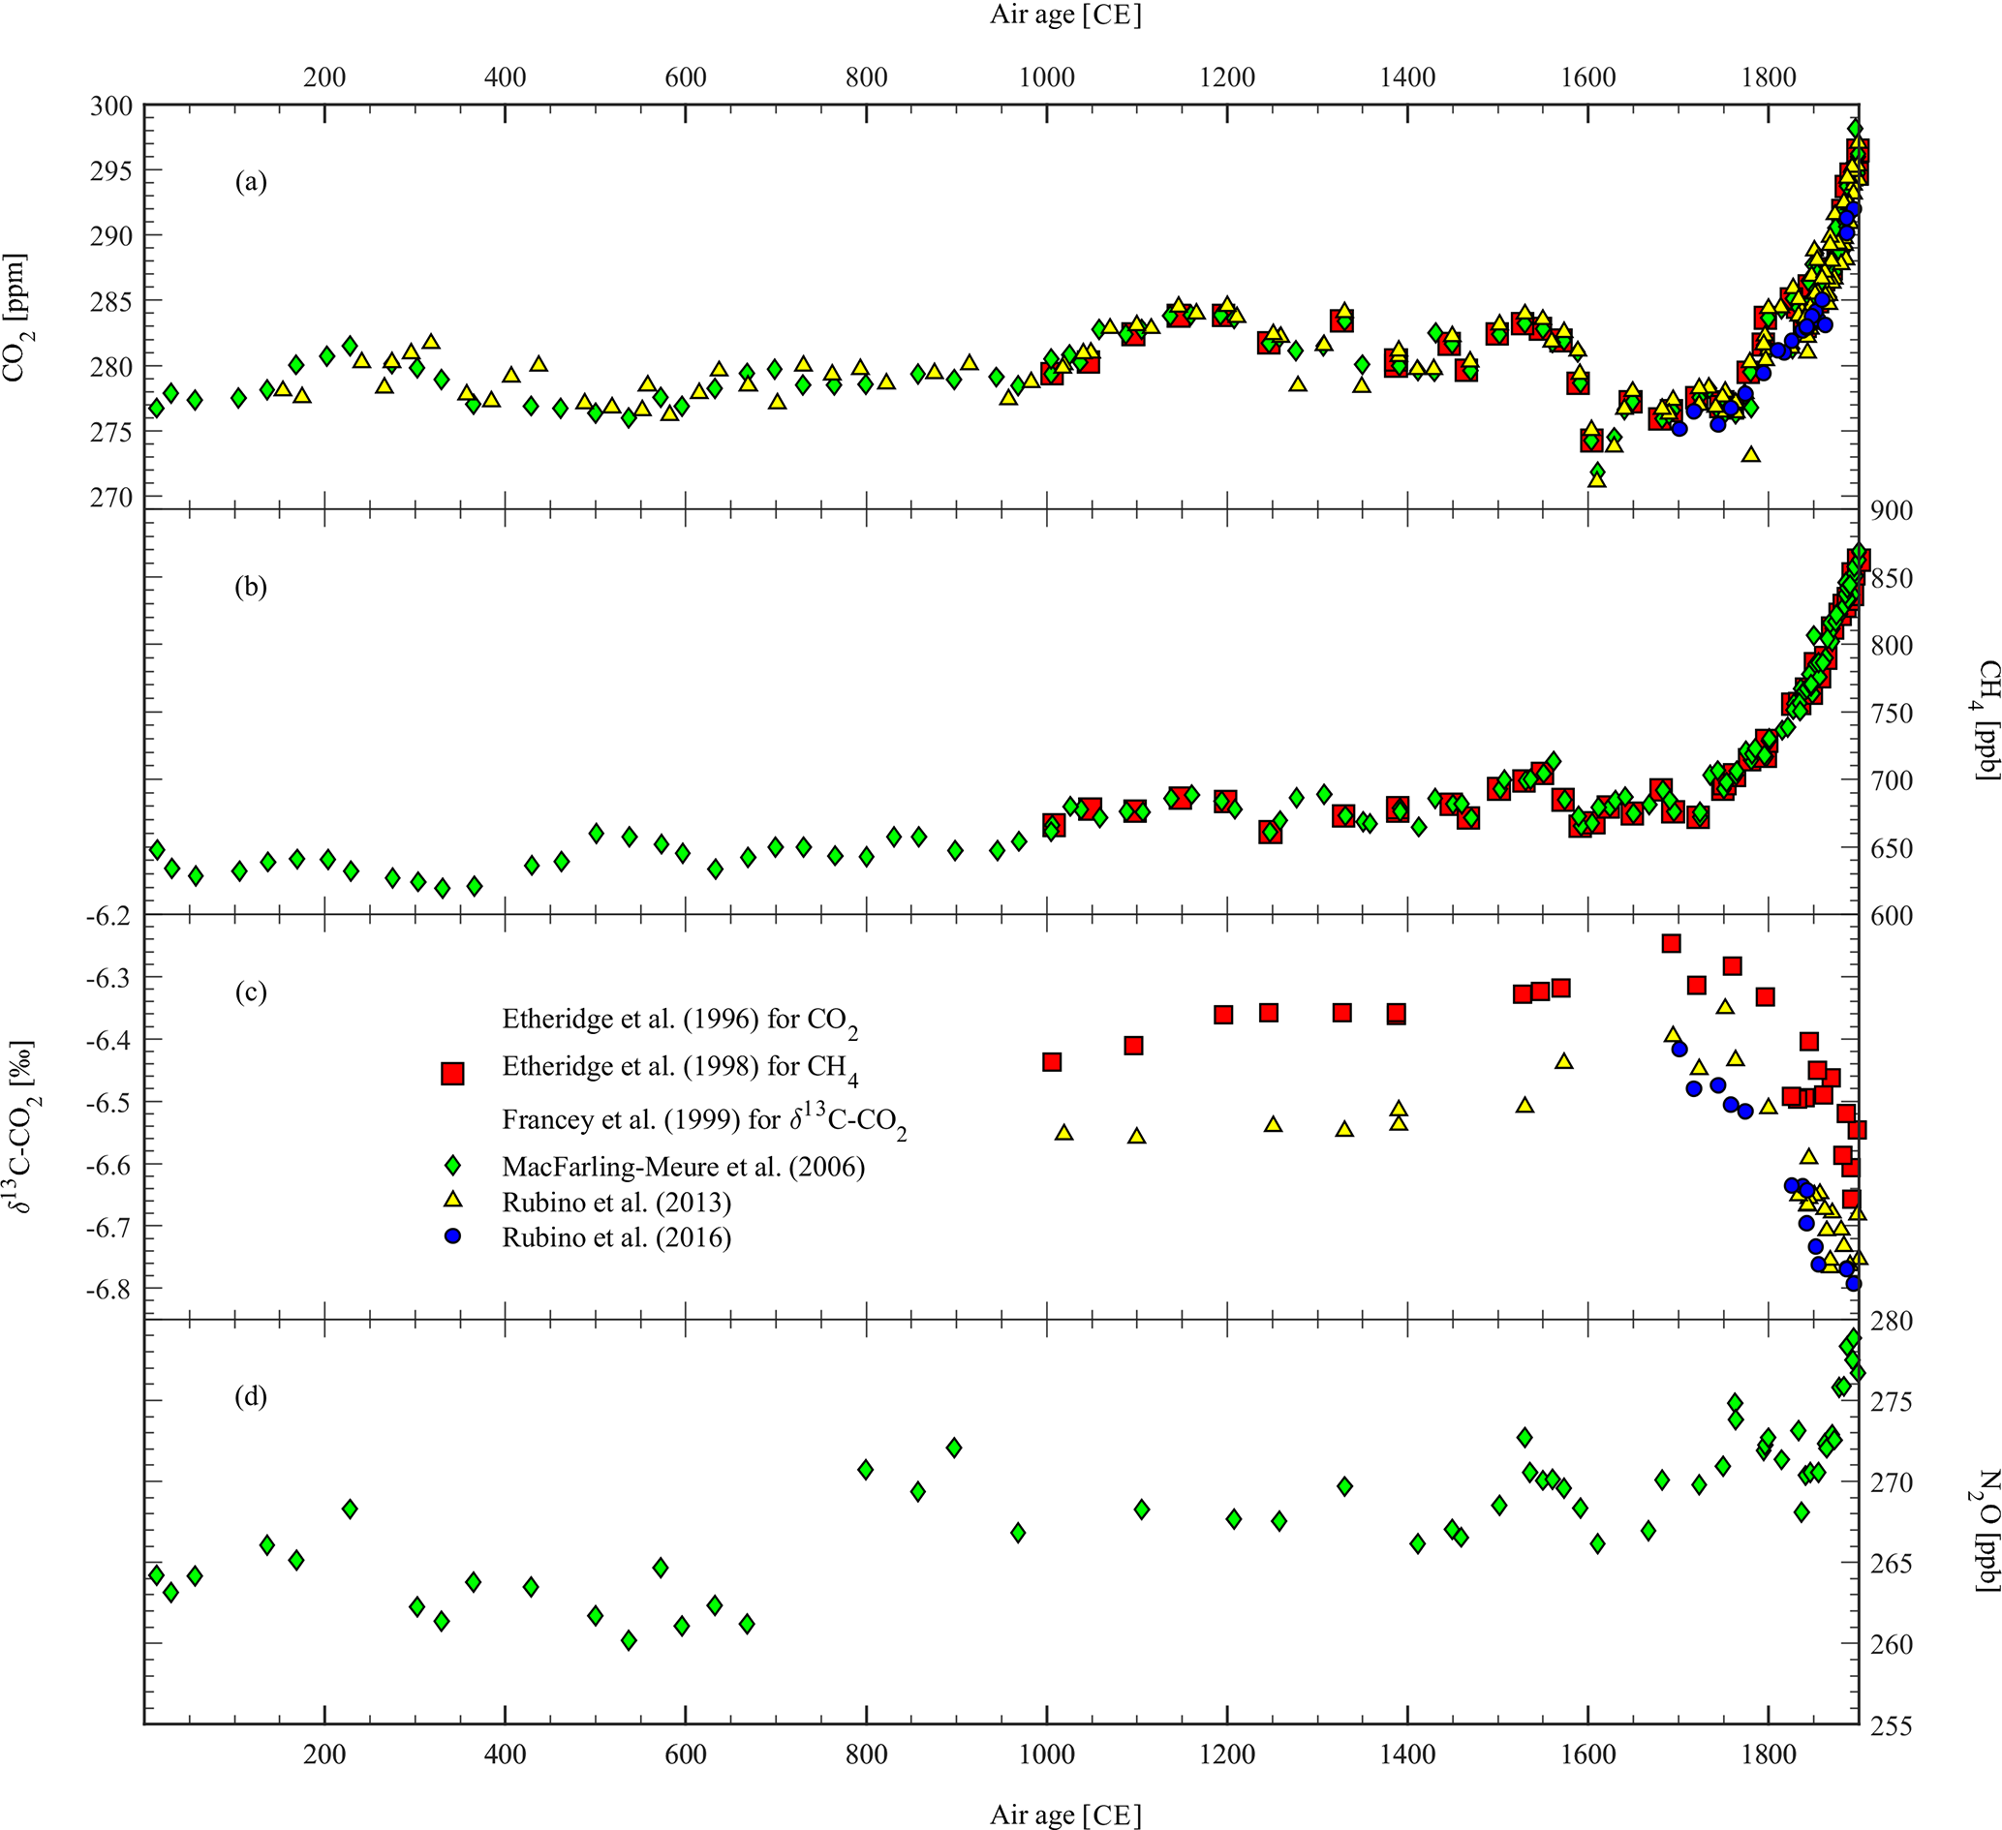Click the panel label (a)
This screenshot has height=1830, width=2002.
(x=250, y=182)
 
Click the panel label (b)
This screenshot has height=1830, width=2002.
(x=250, y=587)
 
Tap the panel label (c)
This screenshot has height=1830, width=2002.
(x=250, y=991)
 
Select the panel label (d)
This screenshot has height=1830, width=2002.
(x=250, y=1397)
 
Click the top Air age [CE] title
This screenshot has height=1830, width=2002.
(x=1065, y=15)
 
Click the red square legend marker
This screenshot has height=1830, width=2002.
(x=453, y=1073)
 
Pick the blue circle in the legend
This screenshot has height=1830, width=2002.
(x=453, y=1237)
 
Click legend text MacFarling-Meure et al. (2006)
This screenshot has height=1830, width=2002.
(x=683, y=1166)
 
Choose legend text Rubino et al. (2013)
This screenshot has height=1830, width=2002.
(x=617, y=1203)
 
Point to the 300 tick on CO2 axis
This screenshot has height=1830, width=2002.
(x=116, y=106)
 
